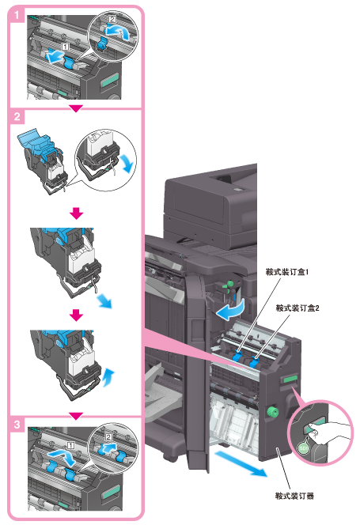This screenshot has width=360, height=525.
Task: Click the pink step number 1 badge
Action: (x=17, y=15)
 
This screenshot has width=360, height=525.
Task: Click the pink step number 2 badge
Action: (x=17, y=117)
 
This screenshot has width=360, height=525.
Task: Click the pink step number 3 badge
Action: (x=17, y=425)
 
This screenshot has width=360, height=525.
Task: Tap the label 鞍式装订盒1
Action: (x=287, y=272)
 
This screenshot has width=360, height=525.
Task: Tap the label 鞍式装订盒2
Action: (x=297, y=308)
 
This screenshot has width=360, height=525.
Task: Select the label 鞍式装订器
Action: (x=294, y=496)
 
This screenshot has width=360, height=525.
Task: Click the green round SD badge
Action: (x=303, y=448)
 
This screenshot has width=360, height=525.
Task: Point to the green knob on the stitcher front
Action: (x=271, y=411)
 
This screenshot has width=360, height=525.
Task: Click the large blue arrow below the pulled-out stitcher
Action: (x=241, y=463)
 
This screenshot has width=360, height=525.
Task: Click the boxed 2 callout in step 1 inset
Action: (x=112, y=20)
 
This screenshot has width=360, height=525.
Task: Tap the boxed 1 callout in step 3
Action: (x=70, y=445)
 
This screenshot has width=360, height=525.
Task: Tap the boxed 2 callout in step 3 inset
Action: (x=108, y=437)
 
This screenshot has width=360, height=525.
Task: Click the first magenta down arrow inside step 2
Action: (x=77, y=213)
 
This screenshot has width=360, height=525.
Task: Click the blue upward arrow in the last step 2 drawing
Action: (x=108, y=377)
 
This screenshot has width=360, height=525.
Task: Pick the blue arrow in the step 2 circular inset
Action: (x=127, y=163)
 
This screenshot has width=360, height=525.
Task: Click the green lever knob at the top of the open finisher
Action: (x=230, y=284)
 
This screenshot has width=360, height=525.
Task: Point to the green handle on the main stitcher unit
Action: (x=290, y=379)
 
